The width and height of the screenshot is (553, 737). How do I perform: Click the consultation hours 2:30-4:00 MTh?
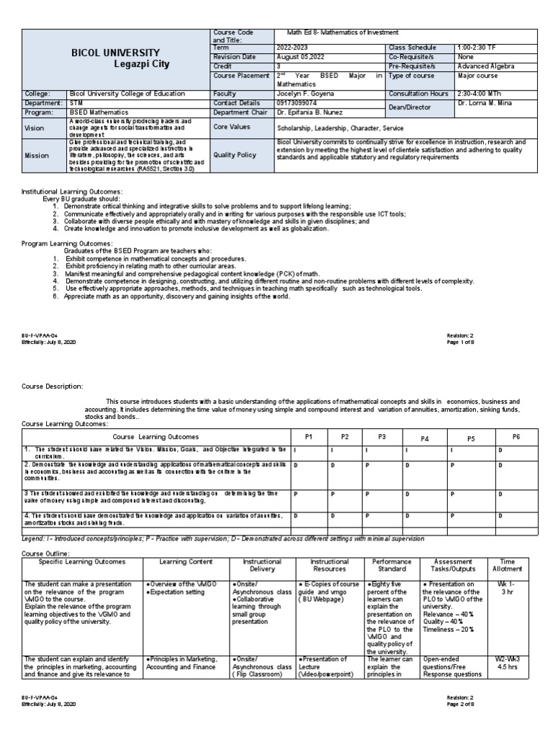(x=482, y=94)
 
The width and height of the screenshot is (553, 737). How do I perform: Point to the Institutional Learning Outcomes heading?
(x=72, y=191)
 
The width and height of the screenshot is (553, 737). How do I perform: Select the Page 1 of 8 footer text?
(x=464, y=342)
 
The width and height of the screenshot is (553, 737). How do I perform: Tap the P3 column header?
(x=382, y=437)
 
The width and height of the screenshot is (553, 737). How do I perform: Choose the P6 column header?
(x=516, y=437)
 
